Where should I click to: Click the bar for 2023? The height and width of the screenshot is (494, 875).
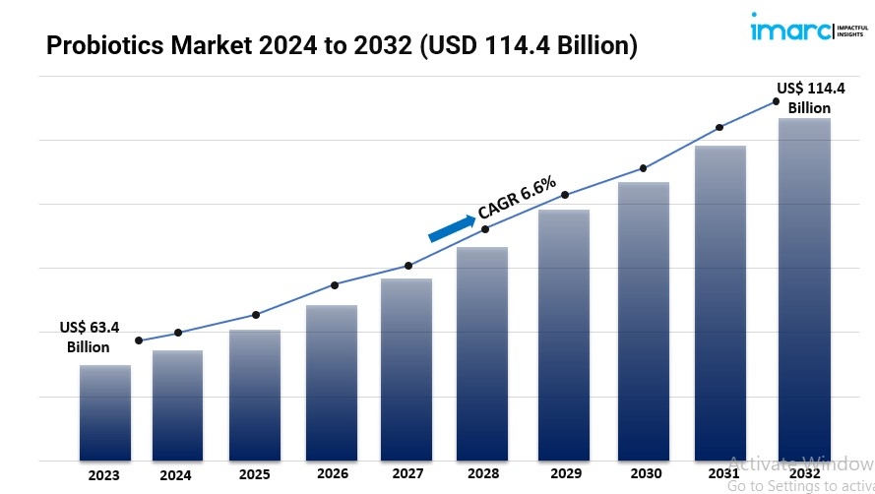coord(105,412)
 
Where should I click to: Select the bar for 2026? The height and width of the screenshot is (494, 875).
coord(332,383)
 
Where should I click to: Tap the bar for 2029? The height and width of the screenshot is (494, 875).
coord(564,335)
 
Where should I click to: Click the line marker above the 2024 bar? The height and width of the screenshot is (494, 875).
coord(178,333)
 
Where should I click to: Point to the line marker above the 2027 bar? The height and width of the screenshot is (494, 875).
coord(408,266)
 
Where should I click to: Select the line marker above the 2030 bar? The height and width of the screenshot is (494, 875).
coord(644,168)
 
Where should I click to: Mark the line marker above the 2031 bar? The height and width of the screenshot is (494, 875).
coord(719,128)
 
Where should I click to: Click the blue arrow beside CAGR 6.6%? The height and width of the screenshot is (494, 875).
coord(451,226)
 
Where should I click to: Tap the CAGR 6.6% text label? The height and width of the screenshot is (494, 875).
coord(517,197)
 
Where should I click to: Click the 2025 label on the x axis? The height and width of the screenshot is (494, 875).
coord(254,474)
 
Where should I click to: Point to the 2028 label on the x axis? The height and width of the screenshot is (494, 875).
coord(482,474)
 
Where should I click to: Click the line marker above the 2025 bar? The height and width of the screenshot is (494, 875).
coord(256,315)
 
